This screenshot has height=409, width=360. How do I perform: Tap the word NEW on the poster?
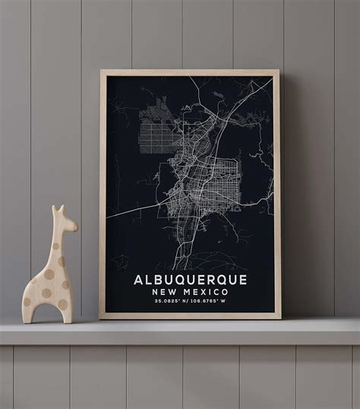(x=166, y=292)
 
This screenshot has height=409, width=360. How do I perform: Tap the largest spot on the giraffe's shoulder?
(x=50, y=273)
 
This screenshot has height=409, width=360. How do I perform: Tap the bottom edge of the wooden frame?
(x=189, y=315)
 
